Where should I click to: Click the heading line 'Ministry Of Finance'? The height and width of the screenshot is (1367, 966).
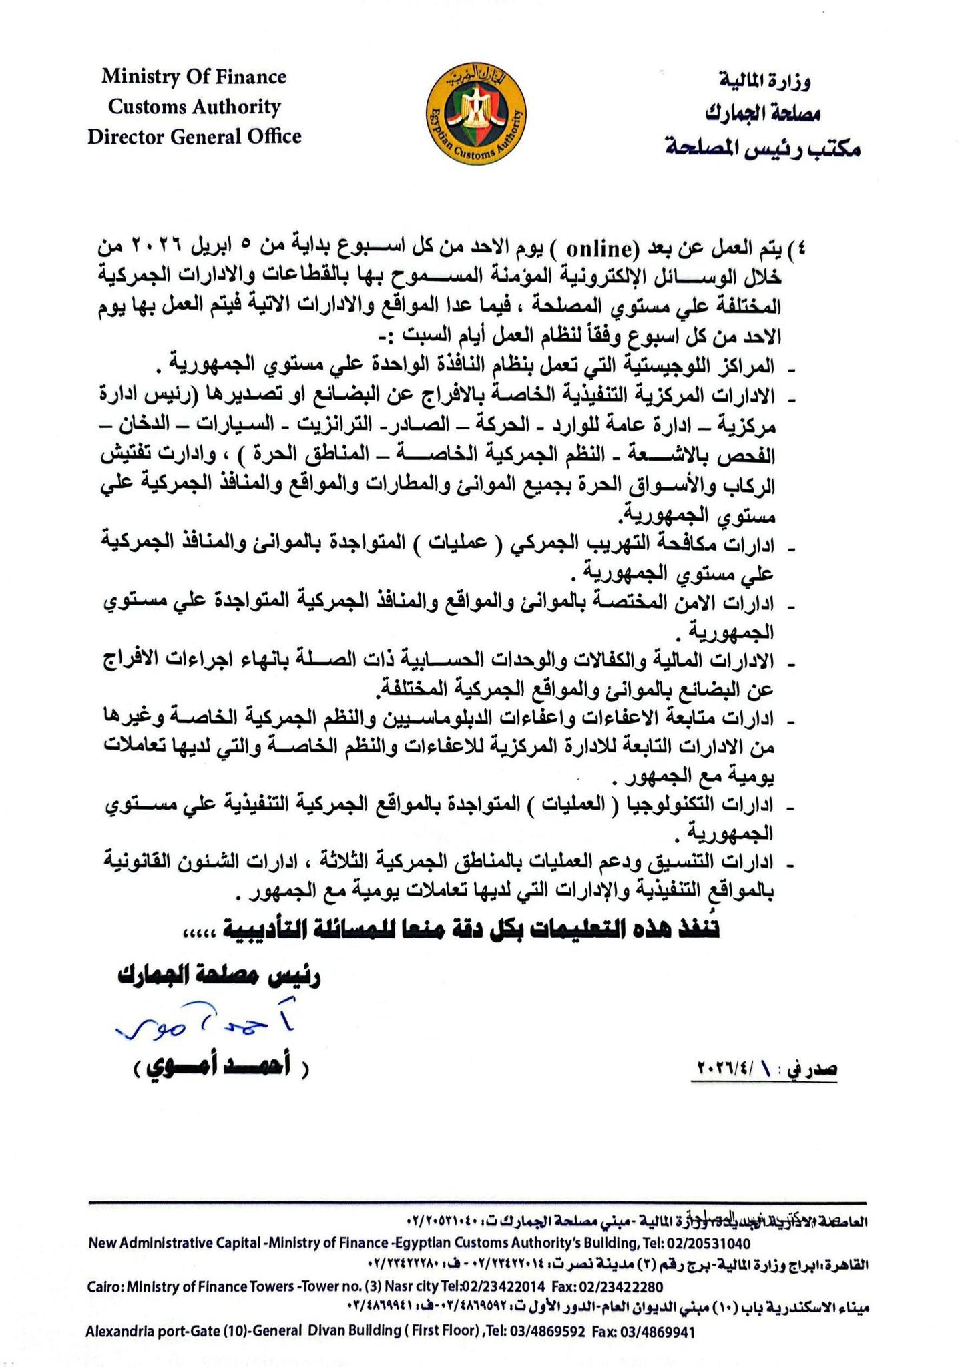click(x=194, y=77)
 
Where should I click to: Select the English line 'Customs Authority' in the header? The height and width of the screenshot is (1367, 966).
click(x=194, y=107)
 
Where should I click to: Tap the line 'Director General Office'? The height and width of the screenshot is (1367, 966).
click(x=194, y=137)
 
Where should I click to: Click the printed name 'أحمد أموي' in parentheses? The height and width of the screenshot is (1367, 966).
click(x=218, y=1068)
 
